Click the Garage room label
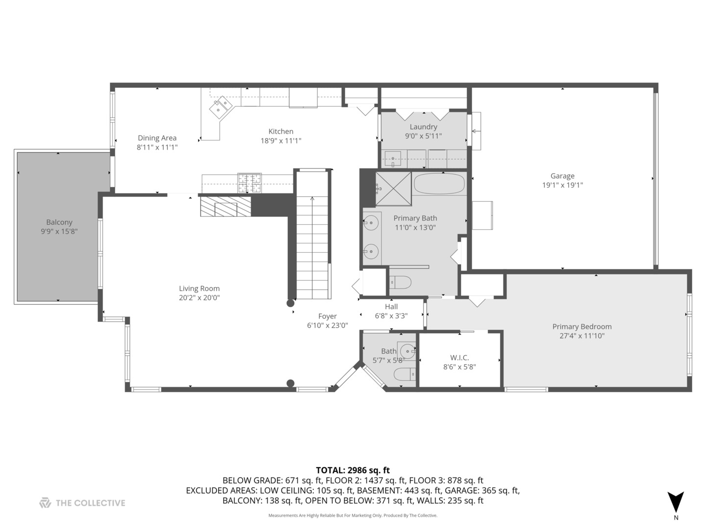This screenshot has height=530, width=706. point(562,176)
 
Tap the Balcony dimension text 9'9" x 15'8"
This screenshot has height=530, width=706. point(59,232)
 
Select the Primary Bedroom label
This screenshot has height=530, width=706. point(581,326)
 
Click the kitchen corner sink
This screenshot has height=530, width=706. point(221,106)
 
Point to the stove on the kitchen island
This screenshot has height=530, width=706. point(250,183)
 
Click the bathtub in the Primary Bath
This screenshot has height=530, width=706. point(439,184)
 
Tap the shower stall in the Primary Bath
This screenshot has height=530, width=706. point(393,188)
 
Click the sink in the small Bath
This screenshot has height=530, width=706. point(407,351)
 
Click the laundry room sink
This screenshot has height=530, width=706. point(393,159)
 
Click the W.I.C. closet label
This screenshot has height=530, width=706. point(459,358)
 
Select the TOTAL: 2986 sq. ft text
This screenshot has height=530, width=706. point(353,470)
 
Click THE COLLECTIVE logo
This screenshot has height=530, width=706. point(82,503)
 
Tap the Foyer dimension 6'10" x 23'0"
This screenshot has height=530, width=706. point(328,325)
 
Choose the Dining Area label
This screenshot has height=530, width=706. point(157,138)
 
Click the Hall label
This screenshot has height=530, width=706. point(391,307)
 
